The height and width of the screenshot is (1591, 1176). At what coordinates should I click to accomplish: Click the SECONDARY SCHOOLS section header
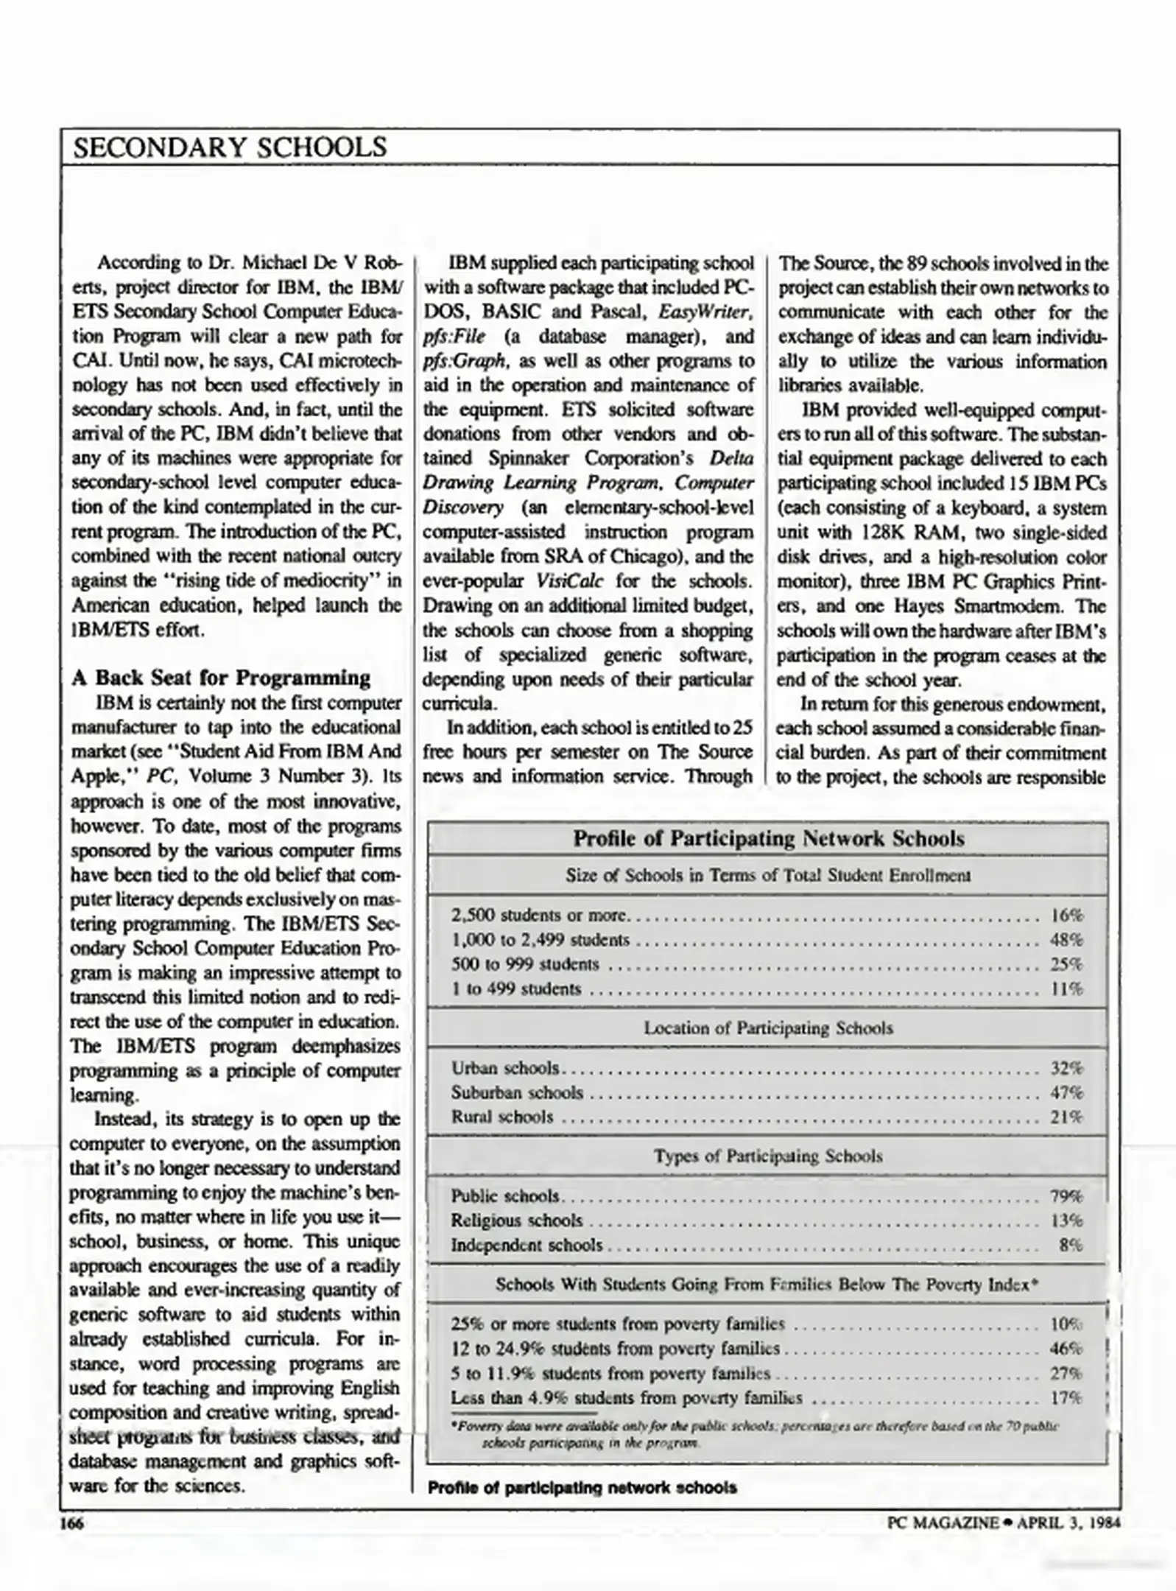coord(230,147)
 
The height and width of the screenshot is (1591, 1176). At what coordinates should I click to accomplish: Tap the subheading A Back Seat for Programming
coord(221,678)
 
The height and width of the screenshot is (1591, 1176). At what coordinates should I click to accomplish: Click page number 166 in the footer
coord(71,1522)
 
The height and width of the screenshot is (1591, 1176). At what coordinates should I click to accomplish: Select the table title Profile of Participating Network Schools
coord(768,838)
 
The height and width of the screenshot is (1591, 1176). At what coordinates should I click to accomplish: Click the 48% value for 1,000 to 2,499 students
coord(1066,940)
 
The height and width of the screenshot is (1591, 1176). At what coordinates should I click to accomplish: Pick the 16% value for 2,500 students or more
coord(1066,916)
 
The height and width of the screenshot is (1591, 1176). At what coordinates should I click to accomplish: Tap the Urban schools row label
coord(505,1068)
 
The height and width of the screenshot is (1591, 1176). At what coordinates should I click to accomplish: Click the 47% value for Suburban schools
coord(1066,1092)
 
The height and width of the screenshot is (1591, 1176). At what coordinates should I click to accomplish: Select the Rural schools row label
coord(502,1117)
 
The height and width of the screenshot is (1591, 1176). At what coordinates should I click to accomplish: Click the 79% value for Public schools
coord(1066,1196)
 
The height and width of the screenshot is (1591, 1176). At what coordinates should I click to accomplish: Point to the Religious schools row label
coord(517,1221)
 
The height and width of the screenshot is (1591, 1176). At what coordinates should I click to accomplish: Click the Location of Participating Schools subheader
coord(768,1028)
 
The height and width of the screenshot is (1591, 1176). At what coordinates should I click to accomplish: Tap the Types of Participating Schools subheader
coord(768,1156)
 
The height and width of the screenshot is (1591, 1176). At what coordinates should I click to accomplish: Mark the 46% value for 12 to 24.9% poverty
coord(1066,1349)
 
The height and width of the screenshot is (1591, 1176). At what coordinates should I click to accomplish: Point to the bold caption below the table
coord(582,1487)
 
